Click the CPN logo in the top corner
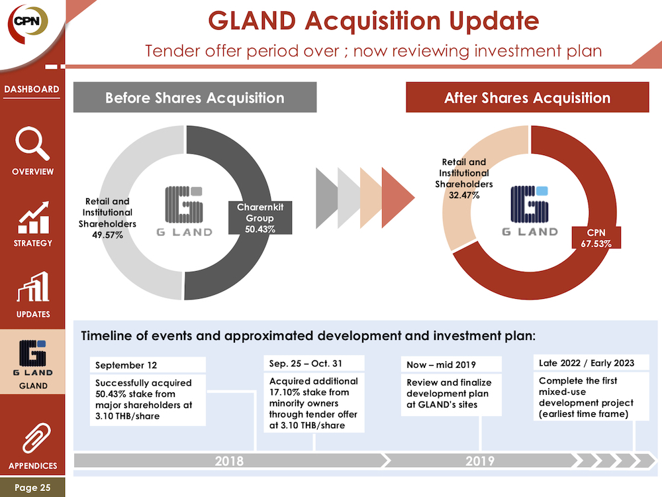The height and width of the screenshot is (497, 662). tap(27, 23)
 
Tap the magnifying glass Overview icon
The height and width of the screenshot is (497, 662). tap(32, 143)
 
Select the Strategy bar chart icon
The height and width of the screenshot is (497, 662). tap(33, 217)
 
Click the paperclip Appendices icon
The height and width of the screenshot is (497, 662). tap(36, 437)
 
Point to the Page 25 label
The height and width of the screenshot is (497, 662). tap(32, 487)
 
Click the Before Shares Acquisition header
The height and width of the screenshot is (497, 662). tap(195, 97)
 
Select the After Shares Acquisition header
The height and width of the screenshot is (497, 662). tap(528, 97)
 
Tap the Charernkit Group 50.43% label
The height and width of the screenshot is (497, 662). tap(260, 218)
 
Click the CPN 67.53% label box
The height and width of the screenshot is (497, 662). tap(596, 238)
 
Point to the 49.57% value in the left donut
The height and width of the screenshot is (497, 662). tap(108, 235)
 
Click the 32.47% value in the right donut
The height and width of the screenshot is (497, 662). tap(464, 195)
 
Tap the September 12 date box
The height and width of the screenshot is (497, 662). tap(148, 365)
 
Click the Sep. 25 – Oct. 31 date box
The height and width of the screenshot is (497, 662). tap(314, 363)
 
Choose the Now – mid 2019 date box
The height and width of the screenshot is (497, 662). tap(451, 364)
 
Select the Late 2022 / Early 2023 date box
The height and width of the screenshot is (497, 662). tap(591, 363)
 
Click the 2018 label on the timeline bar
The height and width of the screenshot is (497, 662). tap(229, 461)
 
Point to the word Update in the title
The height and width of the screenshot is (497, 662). tap(494, 21)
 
